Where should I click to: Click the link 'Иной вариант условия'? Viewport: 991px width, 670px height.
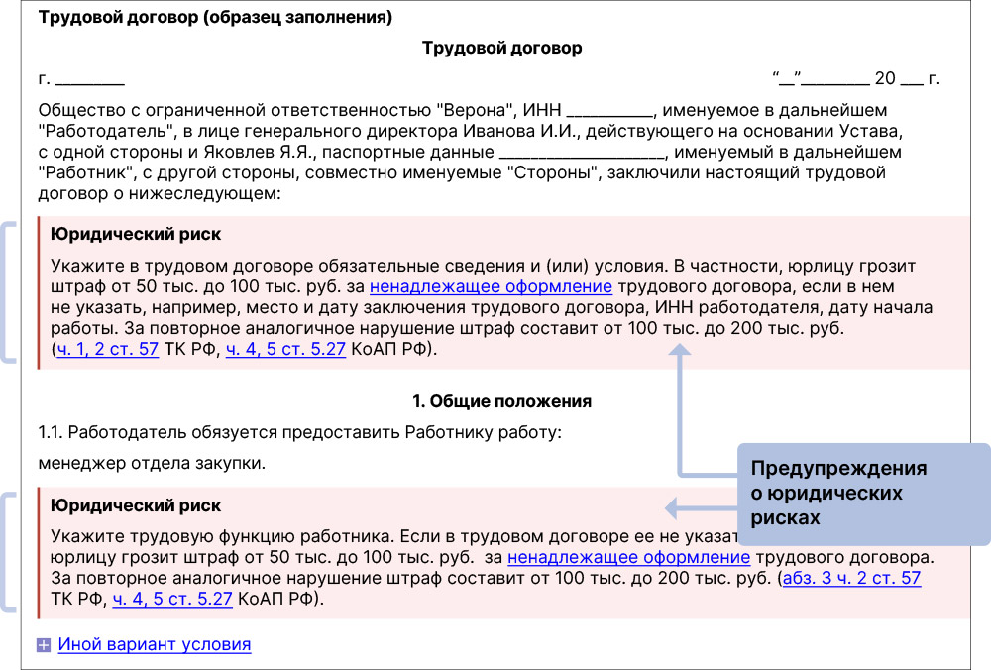click(x=154, y=645)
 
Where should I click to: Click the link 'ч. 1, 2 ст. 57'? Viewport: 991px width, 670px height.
click(x=108, y=350)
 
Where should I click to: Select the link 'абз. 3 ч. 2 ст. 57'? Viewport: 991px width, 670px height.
click(x=851, y=578)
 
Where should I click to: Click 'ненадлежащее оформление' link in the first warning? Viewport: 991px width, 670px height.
click(x=491, y=287)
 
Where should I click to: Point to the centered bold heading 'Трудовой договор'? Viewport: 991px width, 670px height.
click(x=501, y=48)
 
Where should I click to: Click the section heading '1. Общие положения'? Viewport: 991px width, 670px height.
click(x=501, y=401)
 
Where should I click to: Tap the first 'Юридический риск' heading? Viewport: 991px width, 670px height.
click(x=136, y=235)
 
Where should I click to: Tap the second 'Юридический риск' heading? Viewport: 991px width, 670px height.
click(x=136, y=505)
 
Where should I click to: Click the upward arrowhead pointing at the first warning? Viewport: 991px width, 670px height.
click(x=678, y=350)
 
